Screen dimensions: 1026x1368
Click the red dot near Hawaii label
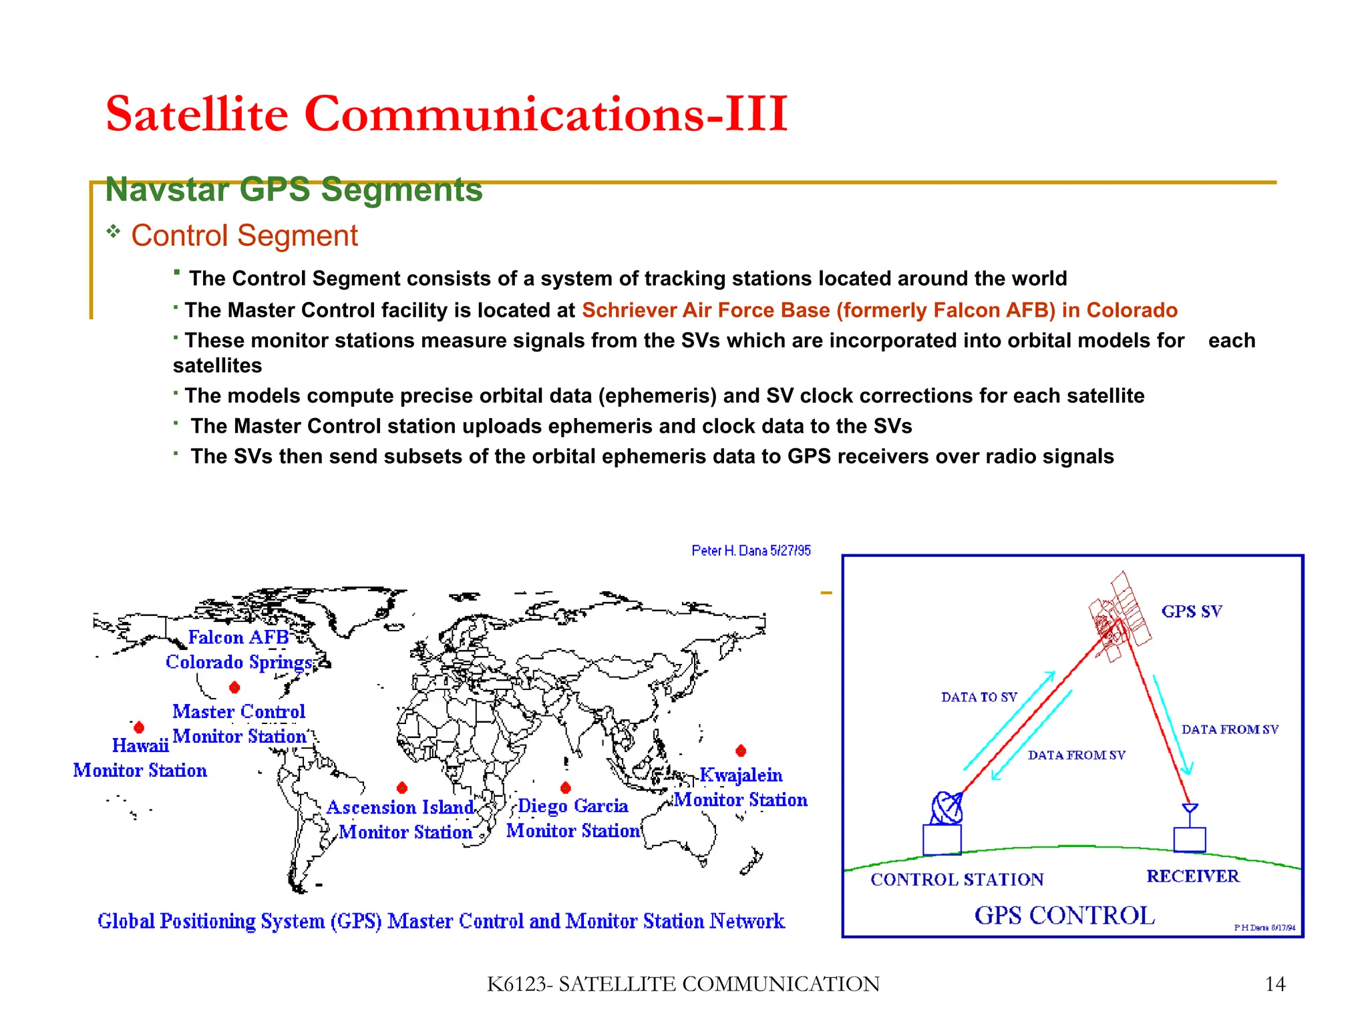tap(139, 727)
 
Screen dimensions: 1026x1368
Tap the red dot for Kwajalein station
tap(741, 751)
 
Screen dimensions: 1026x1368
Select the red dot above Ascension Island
tap(401, 788)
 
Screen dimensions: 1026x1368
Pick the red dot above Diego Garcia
tap(566, 788)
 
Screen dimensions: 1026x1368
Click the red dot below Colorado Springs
tap(234, 687)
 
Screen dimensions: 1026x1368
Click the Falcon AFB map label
tap(238, 637)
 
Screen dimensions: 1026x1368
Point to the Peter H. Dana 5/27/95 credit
tap(751, 550)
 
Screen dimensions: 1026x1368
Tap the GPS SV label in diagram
tap(1192, 611)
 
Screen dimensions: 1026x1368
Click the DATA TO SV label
tap(979, 697)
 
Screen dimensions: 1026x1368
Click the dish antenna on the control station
tap(947, 808)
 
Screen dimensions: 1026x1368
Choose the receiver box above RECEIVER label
tap(1189, 839)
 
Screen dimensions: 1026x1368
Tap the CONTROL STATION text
tap(957, 879)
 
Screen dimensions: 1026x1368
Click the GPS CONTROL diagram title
tap(1065, 915)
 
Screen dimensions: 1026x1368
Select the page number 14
tap(1274, 984)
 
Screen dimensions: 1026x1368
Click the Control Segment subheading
tap(244, 236)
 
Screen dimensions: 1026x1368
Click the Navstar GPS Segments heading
tap(294, 190)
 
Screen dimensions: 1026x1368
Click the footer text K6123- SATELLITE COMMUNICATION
tap(683, 984)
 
